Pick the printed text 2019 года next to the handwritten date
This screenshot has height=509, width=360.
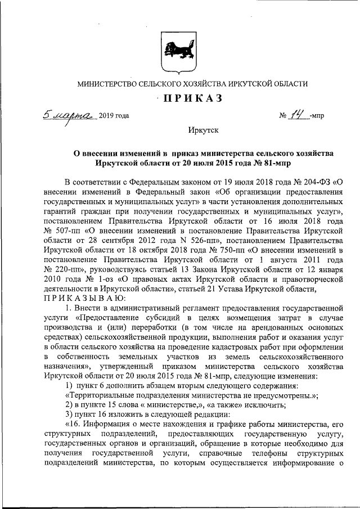pyautogui.click(x=114, y=116)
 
